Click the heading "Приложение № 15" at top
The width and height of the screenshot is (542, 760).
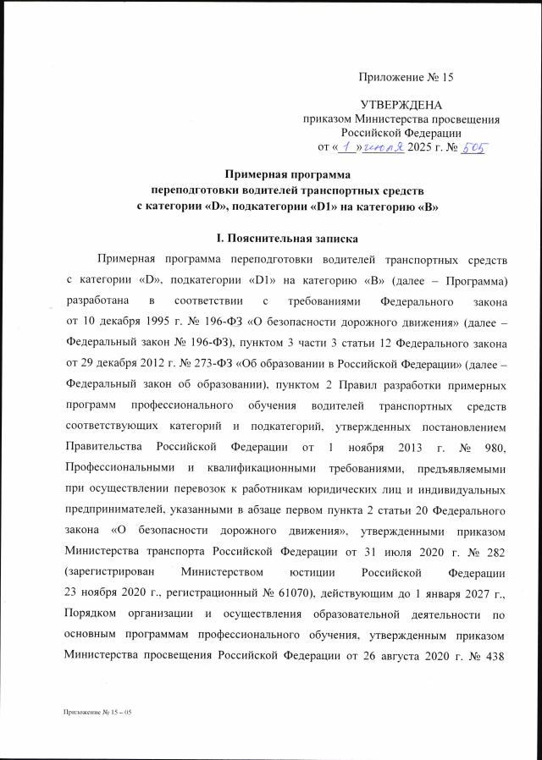coord(406,77)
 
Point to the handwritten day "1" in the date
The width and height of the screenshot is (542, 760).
coord(346,147)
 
